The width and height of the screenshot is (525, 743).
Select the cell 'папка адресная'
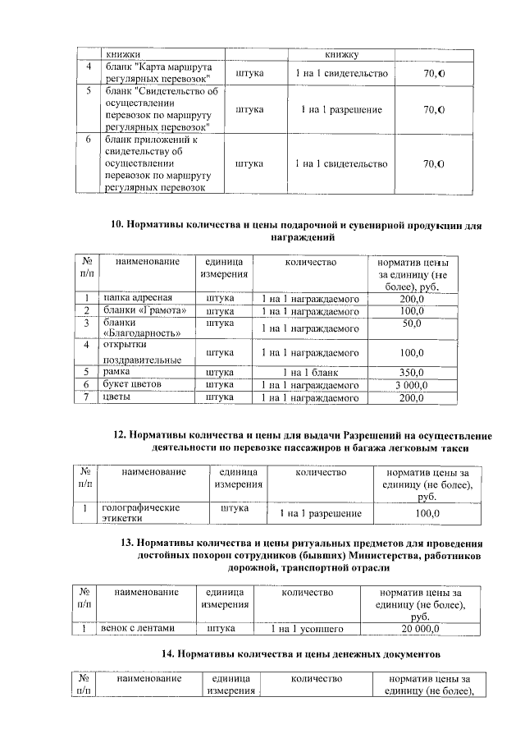pos(136,297)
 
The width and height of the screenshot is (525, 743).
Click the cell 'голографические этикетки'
pos(140,513)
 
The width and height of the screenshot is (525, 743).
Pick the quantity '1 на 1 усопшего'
pos(307,629)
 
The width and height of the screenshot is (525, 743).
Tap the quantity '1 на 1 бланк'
pos(310,371)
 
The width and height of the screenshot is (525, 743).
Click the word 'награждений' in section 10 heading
pos(302,236)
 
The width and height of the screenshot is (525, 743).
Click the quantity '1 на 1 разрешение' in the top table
pos(340,109)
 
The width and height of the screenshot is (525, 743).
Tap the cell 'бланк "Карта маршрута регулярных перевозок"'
pos(158,71)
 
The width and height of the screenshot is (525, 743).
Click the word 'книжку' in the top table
pos(340,54)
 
